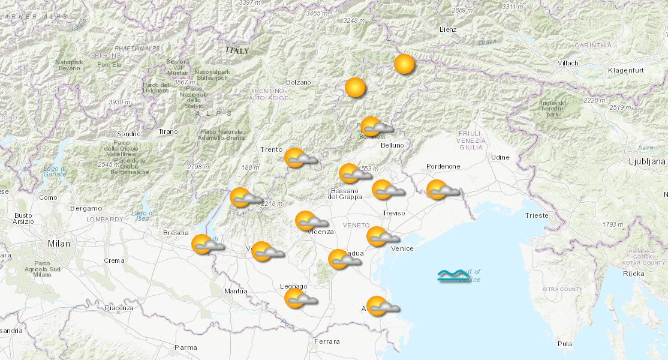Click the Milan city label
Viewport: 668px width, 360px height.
[x=59, y=244]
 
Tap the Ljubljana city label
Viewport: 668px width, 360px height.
[x=647, y=161]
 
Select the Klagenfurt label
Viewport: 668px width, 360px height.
[x=625, y=70]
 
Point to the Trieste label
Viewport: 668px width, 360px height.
[x=536, y=215]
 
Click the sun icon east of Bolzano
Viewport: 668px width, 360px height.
[x=355, y=88]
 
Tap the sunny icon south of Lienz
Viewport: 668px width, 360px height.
[x=404, y=64]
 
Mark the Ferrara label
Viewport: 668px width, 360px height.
[x=326, y=341]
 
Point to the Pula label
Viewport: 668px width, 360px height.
[x=564, y=344]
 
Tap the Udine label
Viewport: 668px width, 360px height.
[x=500, y=157]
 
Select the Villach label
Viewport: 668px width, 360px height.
[x=567, y=63]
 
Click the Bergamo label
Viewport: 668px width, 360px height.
[x=86, y=208]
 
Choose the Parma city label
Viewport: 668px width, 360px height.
[x=185, y=347]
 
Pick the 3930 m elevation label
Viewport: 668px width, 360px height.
[x=120, y=102]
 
